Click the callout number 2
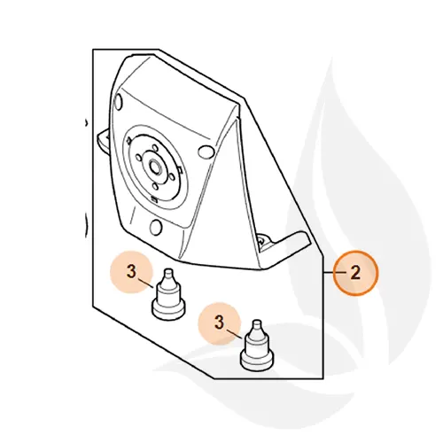(x=355, y=273)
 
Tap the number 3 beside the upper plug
(x=131, y=271)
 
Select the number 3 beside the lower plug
(x=219, y=323)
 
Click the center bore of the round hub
(x=155, y=167)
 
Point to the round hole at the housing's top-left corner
(x=118, y=101)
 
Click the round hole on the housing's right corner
(x=206, y=152)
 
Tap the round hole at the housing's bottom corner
(x=156, y=227)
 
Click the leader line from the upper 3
(x=145, y=283)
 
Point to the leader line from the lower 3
(x=235, y=334)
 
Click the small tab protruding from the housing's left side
(x=104, y=140)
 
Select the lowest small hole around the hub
(x=155, y=186)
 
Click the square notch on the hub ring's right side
(x=181, y=171)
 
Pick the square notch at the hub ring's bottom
(x=153, y=198)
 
